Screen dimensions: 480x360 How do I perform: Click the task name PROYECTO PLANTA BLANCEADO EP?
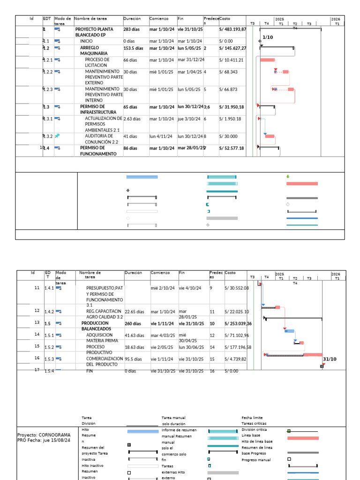point(94,32)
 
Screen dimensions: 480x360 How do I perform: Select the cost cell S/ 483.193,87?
point(232,29)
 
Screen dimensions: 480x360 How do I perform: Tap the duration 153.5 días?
point(134,48)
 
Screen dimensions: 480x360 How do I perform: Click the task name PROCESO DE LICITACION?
point(97,63)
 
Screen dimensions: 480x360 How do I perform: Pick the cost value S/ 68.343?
point(228,72)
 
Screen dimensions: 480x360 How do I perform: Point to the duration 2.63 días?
point(132,119)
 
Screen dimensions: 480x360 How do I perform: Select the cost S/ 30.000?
point(228,136)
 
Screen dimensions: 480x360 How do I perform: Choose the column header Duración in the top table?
point(132,19)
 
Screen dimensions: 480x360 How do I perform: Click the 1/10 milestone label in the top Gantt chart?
point(268,37)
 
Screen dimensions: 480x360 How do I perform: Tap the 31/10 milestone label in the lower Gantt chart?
point(330,359)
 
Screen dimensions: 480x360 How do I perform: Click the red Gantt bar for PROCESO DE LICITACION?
point(267,60)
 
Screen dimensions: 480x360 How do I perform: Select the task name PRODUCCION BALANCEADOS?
point(95,326)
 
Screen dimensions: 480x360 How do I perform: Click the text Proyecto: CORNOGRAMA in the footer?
point(44,435)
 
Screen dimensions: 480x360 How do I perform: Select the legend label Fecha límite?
point(252,418)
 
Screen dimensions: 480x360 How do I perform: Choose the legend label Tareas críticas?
point(254,423)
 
